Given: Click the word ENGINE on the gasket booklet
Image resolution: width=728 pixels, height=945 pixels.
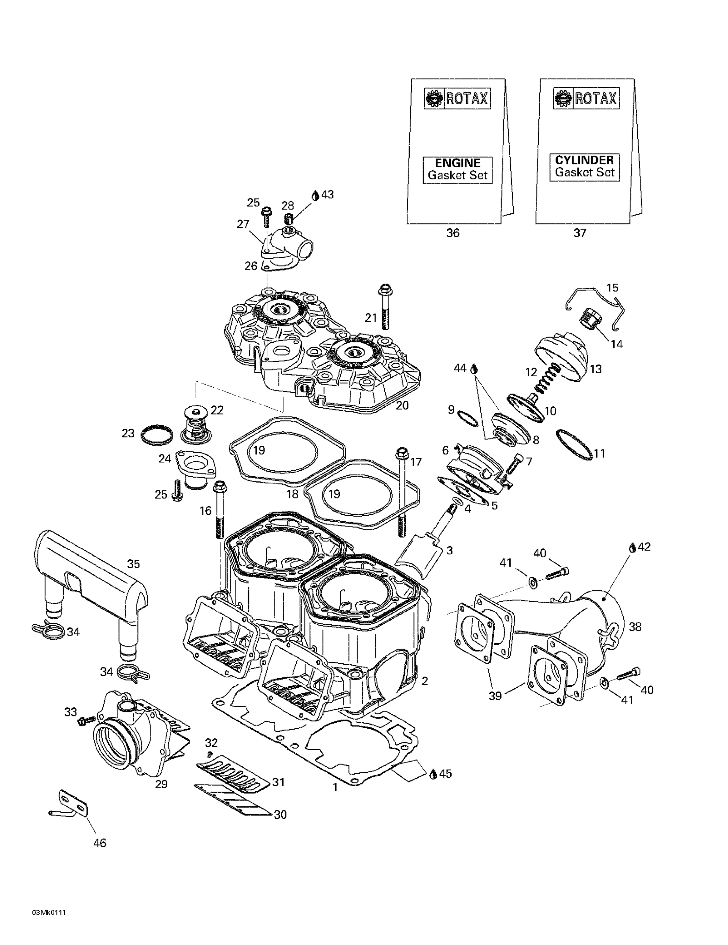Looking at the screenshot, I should (x=457, y=163).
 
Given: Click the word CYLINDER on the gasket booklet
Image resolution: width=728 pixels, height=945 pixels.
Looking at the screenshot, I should (x=584, y=160).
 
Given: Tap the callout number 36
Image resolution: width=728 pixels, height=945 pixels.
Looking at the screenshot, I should (x=453, y=233).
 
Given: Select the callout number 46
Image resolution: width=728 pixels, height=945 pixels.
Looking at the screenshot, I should (x=100, y=843).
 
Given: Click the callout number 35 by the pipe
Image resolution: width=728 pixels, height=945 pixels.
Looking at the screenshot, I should (x=133, y=564).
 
